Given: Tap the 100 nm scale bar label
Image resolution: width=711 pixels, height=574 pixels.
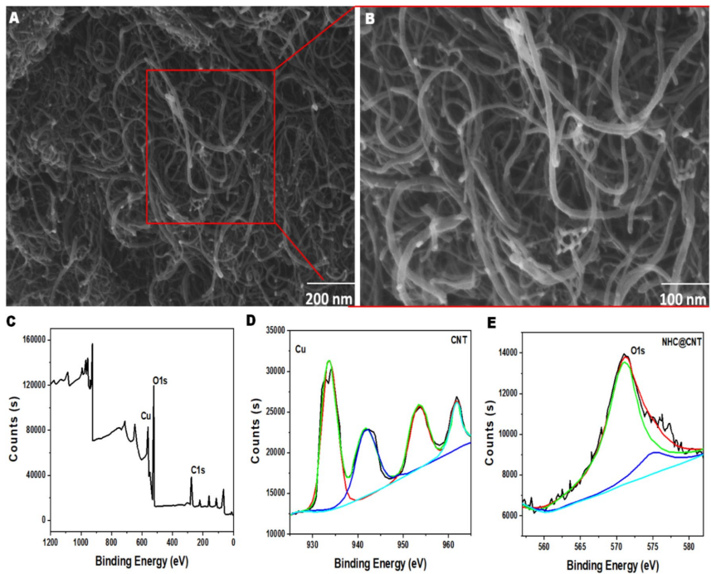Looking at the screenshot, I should (x=684, y=297).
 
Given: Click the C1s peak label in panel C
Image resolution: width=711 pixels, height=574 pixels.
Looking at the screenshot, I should (x=197, y=470).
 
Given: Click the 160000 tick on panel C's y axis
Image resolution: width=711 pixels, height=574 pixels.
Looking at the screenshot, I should (x=31, y=339).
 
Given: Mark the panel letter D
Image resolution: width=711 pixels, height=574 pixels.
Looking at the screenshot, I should (x=252, y=320).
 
